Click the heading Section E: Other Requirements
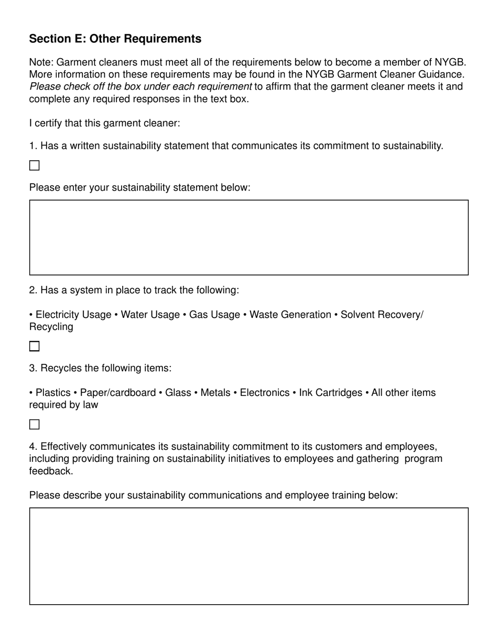tap(115, 39)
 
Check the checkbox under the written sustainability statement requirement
tap(35, 165)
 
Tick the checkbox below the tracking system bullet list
tap(35, 346)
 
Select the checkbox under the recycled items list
tap(35, 424)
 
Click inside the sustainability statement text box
tap(248, 237)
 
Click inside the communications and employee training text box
tap(248, 556)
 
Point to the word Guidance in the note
tap(442, 74)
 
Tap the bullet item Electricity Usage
tap(73, 315)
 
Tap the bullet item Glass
tap(178, 393)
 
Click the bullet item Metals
tap(215, 393)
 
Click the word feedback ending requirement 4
tap(50, 471)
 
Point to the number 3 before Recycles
tap(32, 368)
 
